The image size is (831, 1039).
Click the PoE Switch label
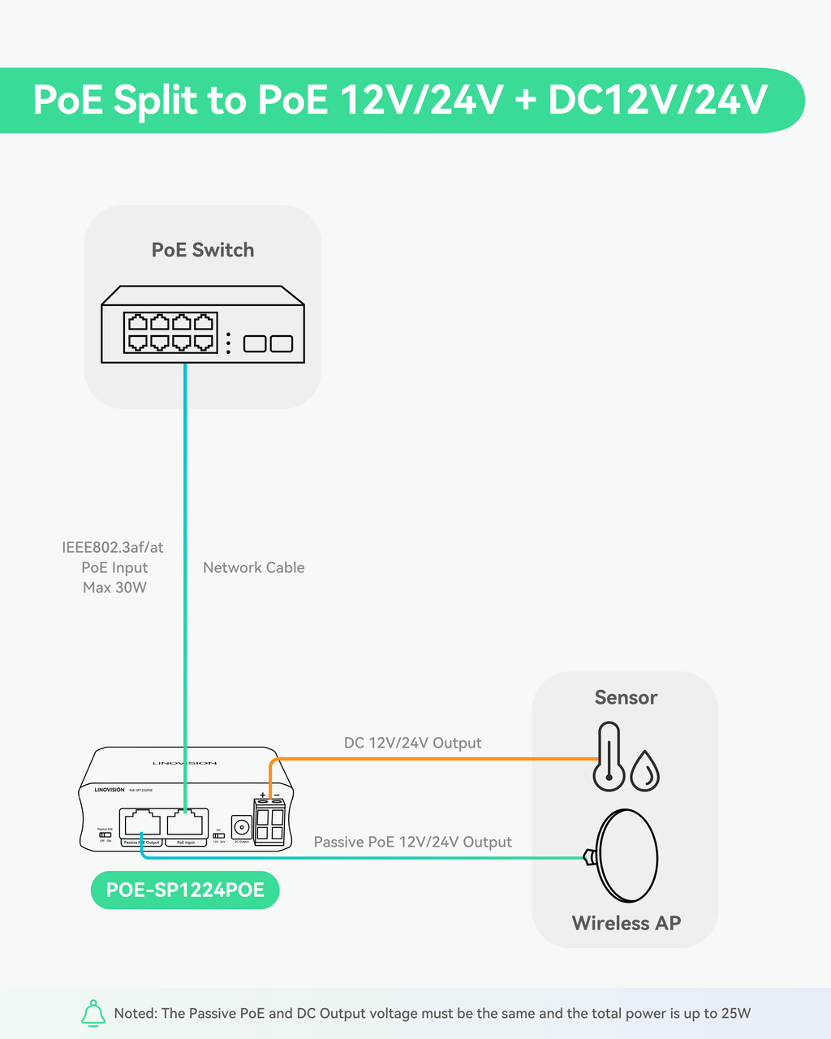point(203,250)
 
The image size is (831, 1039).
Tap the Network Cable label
point(253,567)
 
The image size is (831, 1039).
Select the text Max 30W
point(114,588)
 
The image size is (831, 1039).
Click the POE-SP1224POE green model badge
point(185,890)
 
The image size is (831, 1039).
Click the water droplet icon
point(645,770)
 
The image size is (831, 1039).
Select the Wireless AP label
point(626,923)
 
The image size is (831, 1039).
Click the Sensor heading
point(626,697)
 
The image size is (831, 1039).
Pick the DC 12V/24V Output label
point(412,743)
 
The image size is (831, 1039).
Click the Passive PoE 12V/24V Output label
point(412,842)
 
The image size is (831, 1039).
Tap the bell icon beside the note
point(93,1013)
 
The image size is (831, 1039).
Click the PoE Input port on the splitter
point(187,824)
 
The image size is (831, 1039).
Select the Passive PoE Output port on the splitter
point(140,824)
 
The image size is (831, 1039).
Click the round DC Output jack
point(241,827)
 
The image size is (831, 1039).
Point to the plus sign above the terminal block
point(262,795)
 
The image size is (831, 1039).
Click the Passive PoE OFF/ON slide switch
point(105,834)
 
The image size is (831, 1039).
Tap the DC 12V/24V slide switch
point(218,834)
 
